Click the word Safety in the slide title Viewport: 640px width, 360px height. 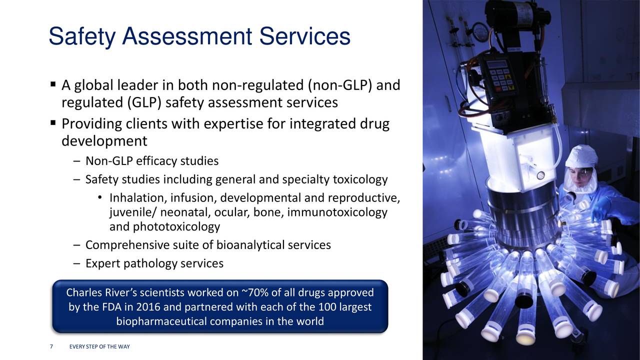(x=82, y=36)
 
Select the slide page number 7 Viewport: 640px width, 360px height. (x=51, y=346)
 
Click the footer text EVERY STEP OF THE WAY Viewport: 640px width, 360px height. (x=99, y=346)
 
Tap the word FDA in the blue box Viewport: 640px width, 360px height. (x=111, y=307)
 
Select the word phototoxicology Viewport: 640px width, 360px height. (x=176, y=227)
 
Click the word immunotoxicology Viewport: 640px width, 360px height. (x=337, y=212)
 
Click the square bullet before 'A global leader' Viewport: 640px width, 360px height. (x=53, y=84)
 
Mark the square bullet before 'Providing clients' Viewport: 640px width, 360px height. (x=53, y=123)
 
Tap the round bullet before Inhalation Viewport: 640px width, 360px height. (x=99, y=197)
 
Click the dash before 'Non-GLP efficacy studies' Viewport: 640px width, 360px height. (x=76, y=161)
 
